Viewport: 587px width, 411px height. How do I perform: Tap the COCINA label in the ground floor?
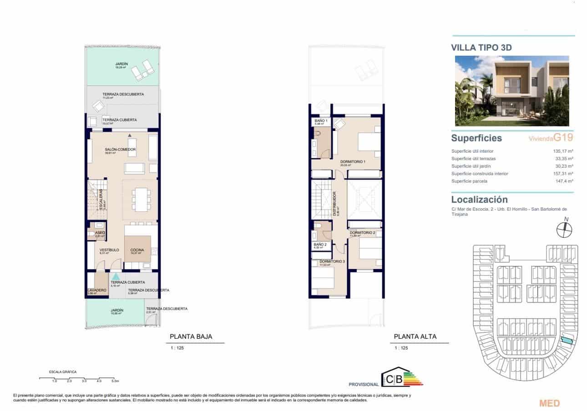137,250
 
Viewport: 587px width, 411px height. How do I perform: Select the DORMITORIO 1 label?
354,161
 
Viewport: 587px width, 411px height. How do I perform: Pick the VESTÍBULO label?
109,250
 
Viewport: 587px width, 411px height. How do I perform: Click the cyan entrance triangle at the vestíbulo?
116,276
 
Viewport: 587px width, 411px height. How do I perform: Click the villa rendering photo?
512,91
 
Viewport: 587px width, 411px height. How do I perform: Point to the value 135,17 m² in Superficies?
563,151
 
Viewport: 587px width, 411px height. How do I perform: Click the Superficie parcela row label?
469,181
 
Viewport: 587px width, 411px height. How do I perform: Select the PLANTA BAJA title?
191,337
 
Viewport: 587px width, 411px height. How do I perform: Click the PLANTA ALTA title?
415,337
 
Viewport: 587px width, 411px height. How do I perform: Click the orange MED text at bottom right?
549,403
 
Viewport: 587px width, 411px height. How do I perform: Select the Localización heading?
479,200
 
